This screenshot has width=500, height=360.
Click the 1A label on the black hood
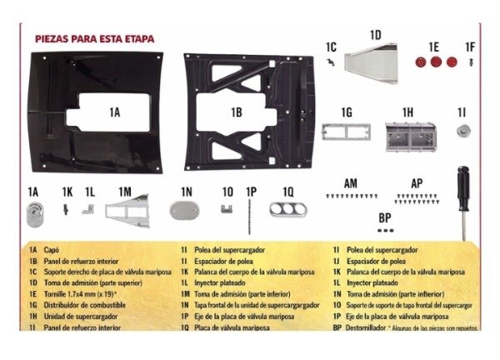(x=114, y=110)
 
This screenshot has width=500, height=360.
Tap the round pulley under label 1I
(x=461, y=131)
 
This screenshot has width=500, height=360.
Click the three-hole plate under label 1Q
(x=287, y=208)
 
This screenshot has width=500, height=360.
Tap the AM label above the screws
(x=352, y=182)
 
